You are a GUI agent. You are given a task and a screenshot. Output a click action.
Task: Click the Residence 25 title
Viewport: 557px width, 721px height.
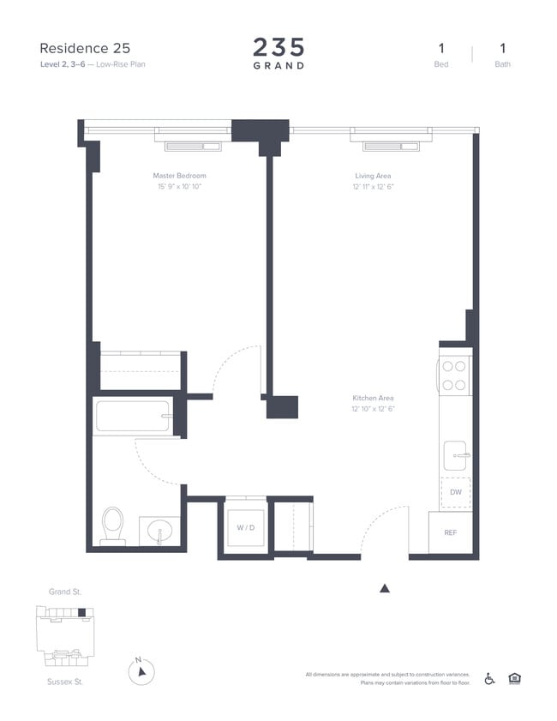(x=85, y=48)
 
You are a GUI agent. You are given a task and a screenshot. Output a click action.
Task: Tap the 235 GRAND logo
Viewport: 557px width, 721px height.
(x=278, y=53)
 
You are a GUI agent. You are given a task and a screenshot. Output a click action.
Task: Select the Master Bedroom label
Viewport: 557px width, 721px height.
(x=179, y=176)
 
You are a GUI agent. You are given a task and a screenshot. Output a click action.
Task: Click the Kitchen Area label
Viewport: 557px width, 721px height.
(x=373, y=398)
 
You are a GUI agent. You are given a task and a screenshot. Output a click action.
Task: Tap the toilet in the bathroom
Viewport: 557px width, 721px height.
(x=113, y=525)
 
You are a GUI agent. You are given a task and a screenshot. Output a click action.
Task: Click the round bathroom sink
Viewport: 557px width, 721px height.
(x=159, y=532)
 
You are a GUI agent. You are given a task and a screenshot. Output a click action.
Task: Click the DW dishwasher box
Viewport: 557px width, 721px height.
(x=455, y=492)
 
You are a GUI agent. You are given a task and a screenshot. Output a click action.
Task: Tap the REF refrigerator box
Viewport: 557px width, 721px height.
(x=450, y=532)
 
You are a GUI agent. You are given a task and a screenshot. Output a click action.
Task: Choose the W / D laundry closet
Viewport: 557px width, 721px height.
(x=245, y=526)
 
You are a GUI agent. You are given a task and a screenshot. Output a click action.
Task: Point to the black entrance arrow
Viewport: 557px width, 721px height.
(x=385, y=588)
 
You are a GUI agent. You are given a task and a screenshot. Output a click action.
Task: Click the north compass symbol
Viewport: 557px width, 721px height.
(x=141, y=671)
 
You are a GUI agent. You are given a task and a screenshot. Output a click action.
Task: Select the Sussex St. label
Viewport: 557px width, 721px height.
(x=64, y=682)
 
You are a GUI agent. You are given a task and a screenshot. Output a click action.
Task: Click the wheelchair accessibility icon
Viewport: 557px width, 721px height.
(x=490, y=678)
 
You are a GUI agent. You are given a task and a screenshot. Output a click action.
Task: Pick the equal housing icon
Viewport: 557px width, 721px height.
(x=514, y=678)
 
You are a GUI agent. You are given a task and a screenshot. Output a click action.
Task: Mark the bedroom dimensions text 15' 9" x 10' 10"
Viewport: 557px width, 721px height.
(x=179, y=186)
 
